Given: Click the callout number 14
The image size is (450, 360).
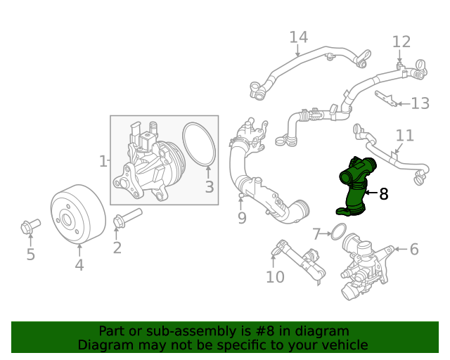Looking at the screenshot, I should pos(299,37).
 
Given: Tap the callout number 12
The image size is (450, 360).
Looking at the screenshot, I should pos(401,41).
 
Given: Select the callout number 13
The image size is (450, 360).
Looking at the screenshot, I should pos(420,104).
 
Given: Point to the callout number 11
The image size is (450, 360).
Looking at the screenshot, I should pos(404,135).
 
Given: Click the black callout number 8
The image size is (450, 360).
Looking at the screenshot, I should pos(383,194).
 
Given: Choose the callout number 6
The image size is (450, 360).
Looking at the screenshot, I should pos(413,249).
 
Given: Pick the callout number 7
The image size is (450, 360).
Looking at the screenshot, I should pos(317,233).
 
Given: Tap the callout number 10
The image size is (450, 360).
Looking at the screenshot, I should pos(275,277).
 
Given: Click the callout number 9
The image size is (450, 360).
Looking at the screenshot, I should pos(242,218).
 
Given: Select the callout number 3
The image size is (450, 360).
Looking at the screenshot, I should pos(210,187).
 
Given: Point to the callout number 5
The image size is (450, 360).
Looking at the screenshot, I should pos(30,255).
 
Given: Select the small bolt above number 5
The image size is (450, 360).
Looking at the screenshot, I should pos(30,226).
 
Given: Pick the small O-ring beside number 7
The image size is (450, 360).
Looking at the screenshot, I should pos(337,231).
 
